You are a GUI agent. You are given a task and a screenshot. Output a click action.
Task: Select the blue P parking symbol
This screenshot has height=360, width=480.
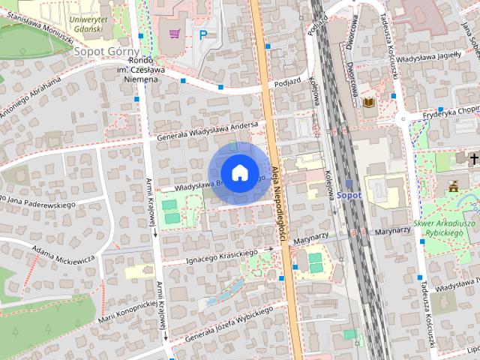tap(202, 34)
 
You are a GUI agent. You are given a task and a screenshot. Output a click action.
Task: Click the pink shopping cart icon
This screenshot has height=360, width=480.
tap(175, 33)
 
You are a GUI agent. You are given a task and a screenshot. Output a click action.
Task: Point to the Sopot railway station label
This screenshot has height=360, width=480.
tap(349, 195)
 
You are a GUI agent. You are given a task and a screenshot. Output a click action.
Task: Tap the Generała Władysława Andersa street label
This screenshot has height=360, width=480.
tap(207, 131)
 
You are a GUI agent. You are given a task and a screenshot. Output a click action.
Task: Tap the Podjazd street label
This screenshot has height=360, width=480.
tap(286, 84)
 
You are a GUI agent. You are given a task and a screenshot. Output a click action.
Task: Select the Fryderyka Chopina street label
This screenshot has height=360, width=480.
tap(450, 111)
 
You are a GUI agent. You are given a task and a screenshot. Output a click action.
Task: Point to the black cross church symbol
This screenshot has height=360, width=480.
tap(474, 159)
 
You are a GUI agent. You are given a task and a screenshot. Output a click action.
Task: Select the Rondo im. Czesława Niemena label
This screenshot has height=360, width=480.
tap(141, 70)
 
